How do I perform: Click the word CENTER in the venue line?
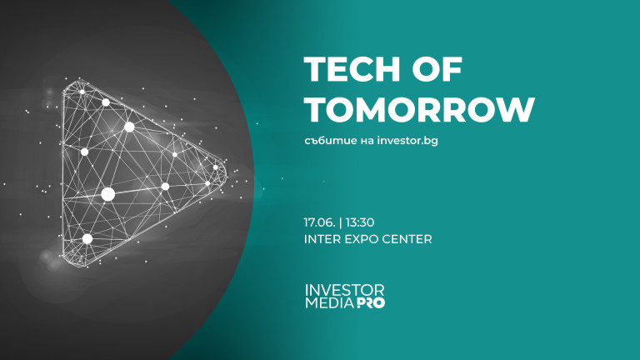[408, 239]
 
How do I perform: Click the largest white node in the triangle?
[107, 194]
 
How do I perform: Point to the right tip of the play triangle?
[226, 173]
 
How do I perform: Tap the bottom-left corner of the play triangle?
[66, 262]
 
